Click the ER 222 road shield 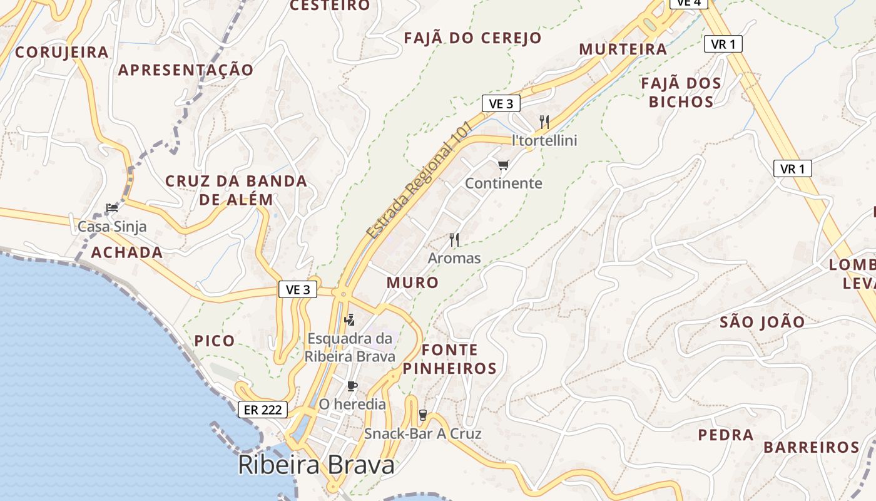point(263,410)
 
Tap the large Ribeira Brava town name point(316,465)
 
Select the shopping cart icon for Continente point(503,165)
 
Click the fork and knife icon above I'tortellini point(544,122)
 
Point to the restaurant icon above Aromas point(454,239)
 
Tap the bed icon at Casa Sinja point(112,208)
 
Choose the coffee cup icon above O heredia point(352,386)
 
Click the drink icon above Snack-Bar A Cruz point(423,415)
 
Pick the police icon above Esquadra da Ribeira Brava point(349,320)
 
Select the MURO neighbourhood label point(412,282)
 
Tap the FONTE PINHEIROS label point(449,359)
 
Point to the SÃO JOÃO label point(762,323)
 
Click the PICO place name point(215,341)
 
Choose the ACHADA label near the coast point(127,253)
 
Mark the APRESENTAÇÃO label point(186,70)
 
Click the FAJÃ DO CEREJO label point(472,38)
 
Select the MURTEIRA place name point(623,49)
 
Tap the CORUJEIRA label point(62,52)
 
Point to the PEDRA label point(726,435)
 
